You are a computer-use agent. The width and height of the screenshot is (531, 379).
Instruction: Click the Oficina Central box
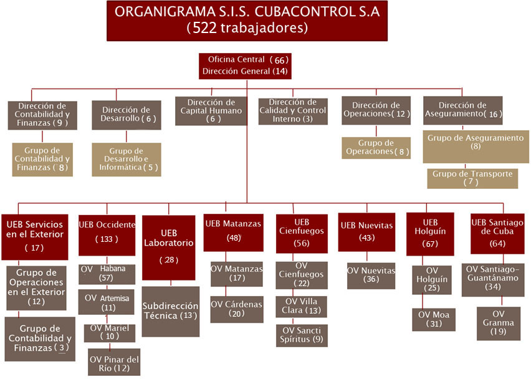(x=245, y=66)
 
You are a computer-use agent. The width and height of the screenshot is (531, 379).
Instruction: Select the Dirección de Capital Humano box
(x=211, y=111)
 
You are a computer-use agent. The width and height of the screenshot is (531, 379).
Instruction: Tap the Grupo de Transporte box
(x=472, y=178)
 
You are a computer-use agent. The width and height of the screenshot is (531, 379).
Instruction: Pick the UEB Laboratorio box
(x=169, y=247)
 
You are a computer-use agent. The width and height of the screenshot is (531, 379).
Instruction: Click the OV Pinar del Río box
(x=114, y=362)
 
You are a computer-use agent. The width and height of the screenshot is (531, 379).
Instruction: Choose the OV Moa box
(x=434, y=319)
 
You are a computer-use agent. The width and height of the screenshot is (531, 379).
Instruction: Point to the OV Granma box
(x=499, y=324)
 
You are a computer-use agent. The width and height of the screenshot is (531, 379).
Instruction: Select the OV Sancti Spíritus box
(x=302, y=335)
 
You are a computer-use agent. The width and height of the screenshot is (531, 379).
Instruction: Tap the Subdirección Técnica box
(x=170, y=312)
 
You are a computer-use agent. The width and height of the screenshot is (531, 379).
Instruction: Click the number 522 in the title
(x=204, y=28)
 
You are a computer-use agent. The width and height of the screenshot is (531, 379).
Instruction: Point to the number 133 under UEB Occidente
(x=107, y=239)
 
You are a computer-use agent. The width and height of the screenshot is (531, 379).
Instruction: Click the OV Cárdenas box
(x=237, y=309)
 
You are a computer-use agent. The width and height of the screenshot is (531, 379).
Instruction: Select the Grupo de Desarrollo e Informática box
(x=127, y=160)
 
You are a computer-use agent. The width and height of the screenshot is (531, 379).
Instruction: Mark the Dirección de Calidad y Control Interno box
(x=293, y=111)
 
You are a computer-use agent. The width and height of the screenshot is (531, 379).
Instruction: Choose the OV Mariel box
(x=110, y=333)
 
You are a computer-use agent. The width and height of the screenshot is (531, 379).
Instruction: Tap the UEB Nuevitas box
(x=366, y=232)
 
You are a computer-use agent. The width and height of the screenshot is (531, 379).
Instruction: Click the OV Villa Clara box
(x=302, y=307)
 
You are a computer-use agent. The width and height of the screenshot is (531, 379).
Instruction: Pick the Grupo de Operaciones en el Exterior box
(x=36, y=288)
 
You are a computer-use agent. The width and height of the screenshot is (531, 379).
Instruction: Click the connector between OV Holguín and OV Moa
(x=423, y=302)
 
